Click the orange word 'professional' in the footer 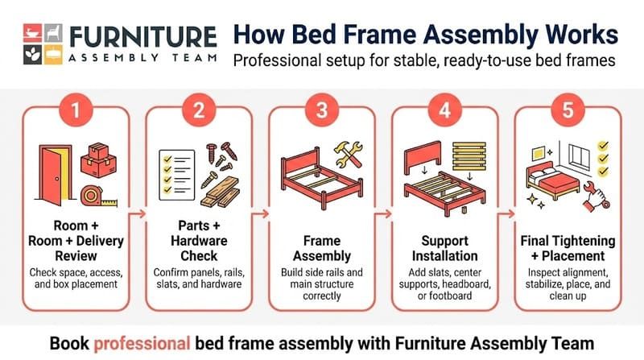click(140, 341)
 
